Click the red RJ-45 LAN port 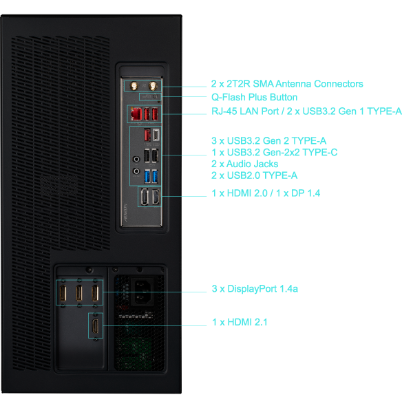click(x=136, y=114)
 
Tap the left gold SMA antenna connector click(x=134, y=85)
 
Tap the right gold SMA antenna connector click(x=153, y=85)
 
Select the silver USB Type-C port click(x=156, y=135)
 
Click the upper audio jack click(x=136, y=159)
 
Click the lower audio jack click(x=136, y=171)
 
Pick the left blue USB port click(x=147, y=176)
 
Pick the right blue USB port click(x=155, y=176)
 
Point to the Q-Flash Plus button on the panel click(x=155, y=96)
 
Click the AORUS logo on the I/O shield click(x=126, y=213)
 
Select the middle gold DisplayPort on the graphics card click(x=79, y=293)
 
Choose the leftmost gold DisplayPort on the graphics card click(x=63, y=293)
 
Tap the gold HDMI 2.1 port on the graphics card click(x=95, y=325)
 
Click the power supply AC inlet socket click(x=142, y=291)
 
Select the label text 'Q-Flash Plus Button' click(x=255, y=97)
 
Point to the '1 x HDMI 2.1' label click(x=240, y=322)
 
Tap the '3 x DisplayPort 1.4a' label click(x=255, y=289)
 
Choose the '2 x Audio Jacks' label click(x=245, y=164)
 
